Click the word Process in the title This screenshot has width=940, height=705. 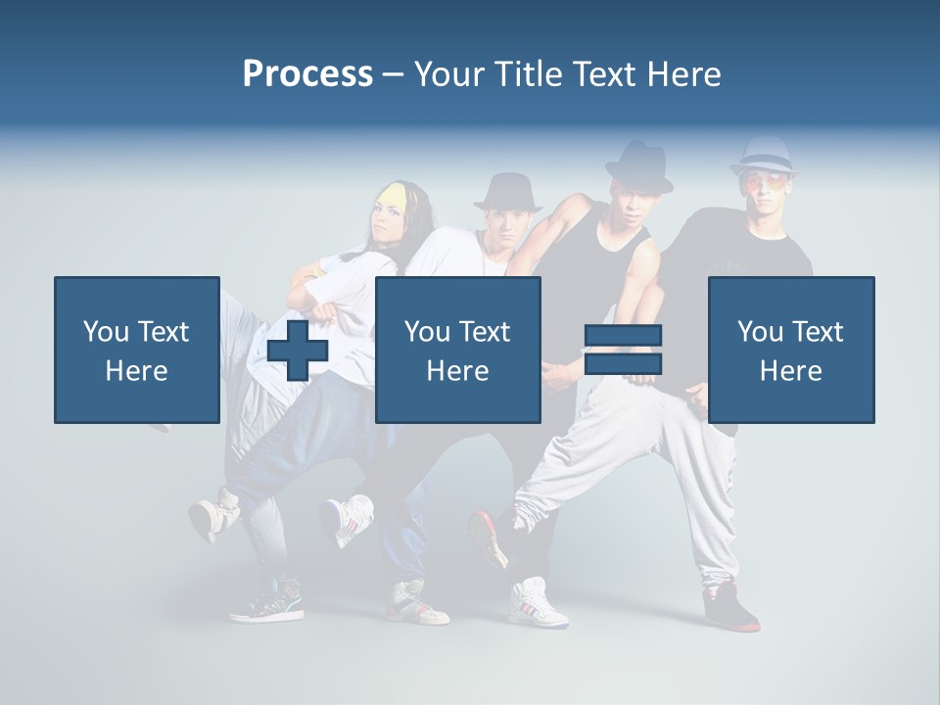307,74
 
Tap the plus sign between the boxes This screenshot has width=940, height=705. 298,350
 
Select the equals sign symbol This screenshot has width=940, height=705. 623,350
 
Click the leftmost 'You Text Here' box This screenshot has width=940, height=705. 136,350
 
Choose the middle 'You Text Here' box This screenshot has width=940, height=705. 457,350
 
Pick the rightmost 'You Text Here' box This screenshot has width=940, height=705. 790,350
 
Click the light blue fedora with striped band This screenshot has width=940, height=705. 763,156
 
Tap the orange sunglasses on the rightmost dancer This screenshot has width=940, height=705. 763,182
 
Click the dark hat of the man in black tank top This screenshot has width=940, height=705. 638,166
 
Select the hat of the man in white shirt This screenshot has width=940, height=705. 507,192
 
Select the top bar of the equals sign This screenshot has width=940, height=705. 623,335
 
